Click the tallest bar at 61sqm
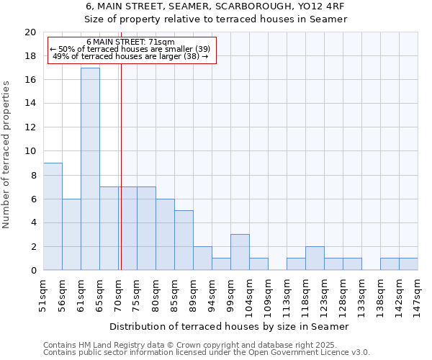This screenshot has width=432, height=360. [90, 169]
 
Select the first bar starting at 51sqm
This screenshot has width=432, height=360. [53, 217]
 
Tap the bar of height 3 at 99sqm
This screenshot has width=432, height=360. [240, 252]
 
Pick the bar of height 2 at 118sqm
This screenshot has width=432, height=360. [315, 258]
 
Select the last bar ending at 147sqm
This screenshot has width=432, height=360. [408, 264]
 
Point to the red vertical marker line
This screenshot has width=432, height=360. [121, 166]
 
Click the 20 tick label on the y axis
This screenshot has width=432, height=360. [30, 32]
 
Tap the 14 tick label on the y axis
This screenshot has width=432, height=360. [30, 104]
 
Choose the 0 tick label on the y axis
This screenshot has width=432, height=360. [32, 271]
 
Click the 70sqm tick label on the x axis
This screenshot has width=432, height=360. [119, 293]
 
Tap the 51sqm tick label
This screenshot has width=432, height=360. [44, 293]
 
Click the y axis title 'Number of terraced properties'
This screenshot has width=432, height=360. [7, 154]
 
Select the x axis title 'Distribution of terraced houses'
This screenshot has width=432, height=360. [230, 326]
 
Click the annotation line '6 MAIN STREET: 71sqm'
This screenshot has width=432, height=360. [130, 42]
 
